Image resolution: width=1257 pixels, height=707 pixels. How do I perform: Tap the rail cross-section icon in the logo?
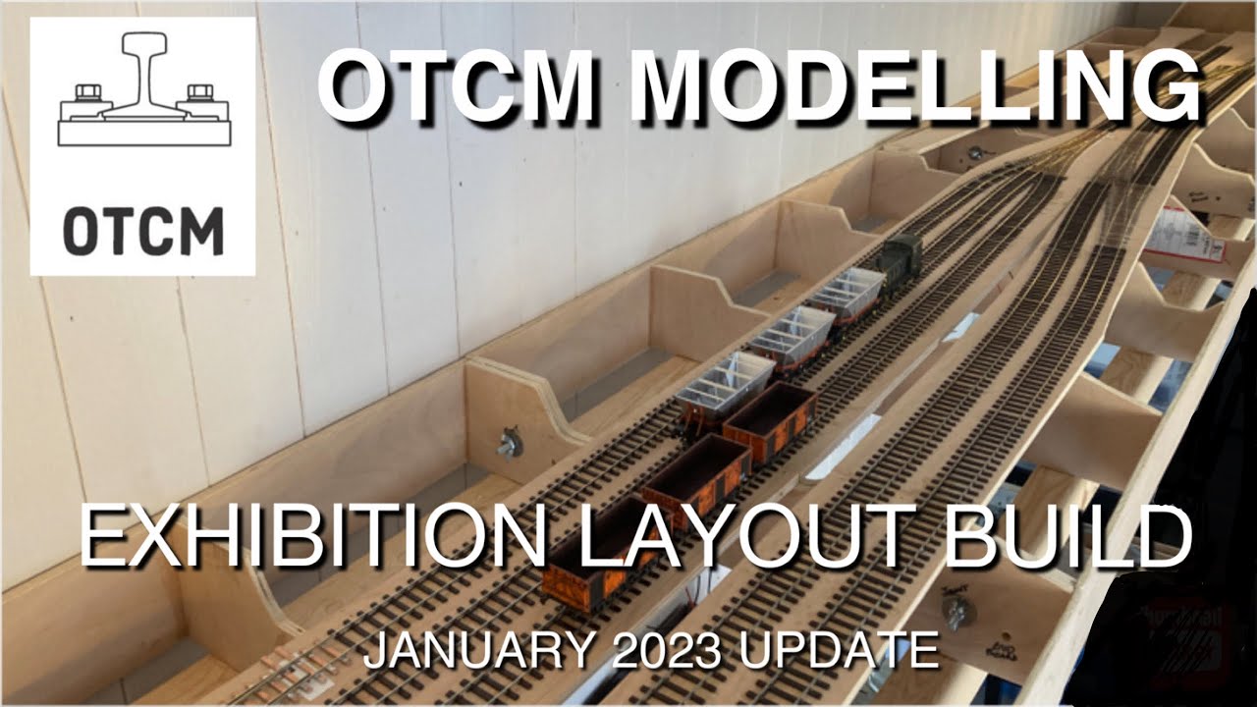143,93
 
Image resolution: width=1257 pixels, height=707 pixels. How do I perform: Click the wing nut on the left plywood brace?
509,442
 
